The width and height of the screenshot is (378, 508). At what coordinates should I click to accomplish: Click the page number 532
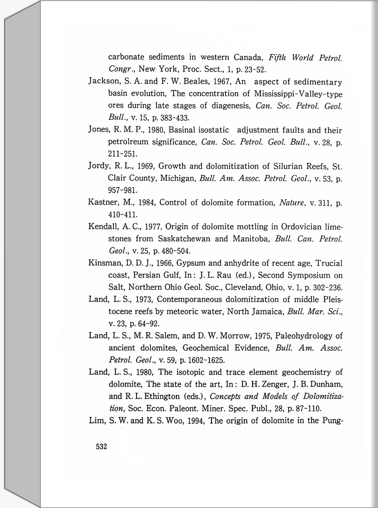coord(101,447)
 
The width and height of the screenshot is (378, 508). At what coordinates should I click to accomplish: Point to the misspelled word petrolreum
coord(128,142)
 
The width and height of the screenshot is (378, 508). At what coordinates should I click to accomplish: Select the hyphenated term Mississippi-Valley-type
coord(298,93)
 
